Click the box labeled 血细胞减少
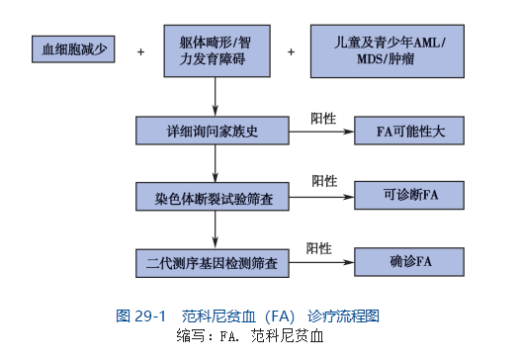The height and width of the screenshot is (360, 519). coord(73,49)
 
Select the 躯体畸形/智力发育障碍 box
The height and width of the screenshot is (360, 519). coord(217,51)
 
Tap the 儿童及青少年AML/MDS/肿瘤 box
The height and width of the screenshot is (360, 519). coord(388,51)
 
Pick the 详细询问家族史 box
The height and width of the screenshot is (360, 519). coord(213,131)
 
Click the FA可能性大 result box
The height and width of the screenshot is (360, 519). coord(409,131)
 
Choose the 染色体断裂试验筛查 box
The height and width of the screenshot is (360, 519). coord(213,197)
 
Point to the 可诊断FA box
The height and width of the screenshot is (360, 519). coord(409,196)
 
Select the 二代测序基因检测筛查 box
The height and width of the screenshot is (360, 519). coord(213,263)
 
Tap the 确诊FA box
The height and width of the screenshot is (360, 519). coord(409,262)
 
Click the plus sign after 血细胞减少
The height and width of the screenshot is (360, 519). coord(140,52)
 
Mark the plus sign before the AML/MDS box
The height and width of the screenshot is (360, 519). coord(291,52)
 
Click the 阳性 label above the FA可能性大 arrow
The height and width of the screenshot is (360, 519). coord(323,119)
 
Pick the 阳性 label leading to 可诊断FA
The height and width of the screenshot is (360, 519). coord(324,181)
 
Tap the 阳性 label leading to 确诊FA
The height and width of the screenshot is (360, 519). coord(318,248)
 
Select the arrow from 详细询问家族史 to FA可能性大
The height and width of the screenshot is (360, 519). coord(321,132)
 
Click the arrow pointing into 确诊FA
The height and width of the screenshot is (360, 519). coord(321,263)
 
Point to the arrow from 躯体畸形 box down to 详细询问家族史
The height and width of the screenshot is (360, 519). coord(216,97)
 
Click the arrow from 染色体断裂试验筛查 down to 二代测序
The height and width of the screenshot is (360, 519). coord(216,229)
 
